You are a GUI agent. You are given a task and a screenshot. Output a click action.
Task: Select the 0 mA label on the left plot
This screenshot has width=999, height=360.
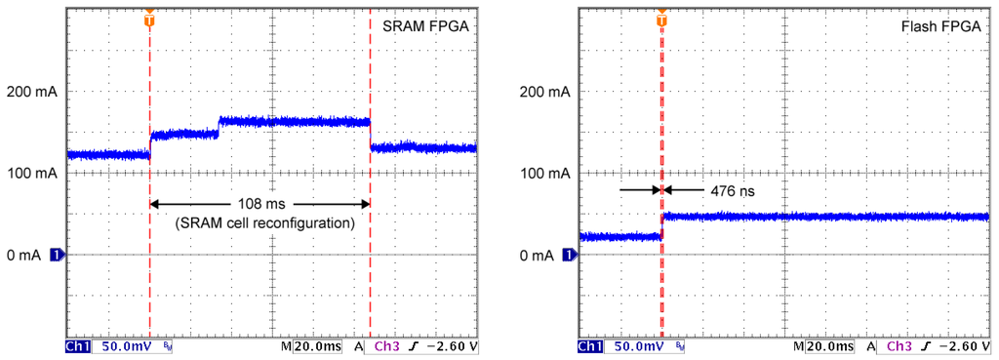[x=23, y=256]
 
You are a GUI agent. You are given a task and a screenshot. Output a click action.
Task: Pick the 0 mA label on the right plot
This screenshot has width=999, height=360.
[x=538, y=256]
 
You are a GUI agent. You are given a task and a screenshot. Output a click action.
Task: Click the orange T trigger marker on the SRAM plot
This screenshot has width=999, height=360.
[x=148, y=19]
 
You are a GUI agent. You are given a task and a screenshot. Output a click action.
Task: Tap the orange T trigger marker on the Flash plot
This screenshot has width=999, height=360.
[x=661, y=19]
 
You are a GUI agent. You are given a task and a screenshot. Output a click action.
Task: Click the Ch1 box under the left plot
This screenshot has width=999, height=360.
[x=76, y=347]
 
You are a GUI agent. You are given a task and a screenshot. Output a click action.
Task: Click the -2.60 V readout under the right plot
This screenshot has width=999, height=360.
[x=961, y=347]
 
